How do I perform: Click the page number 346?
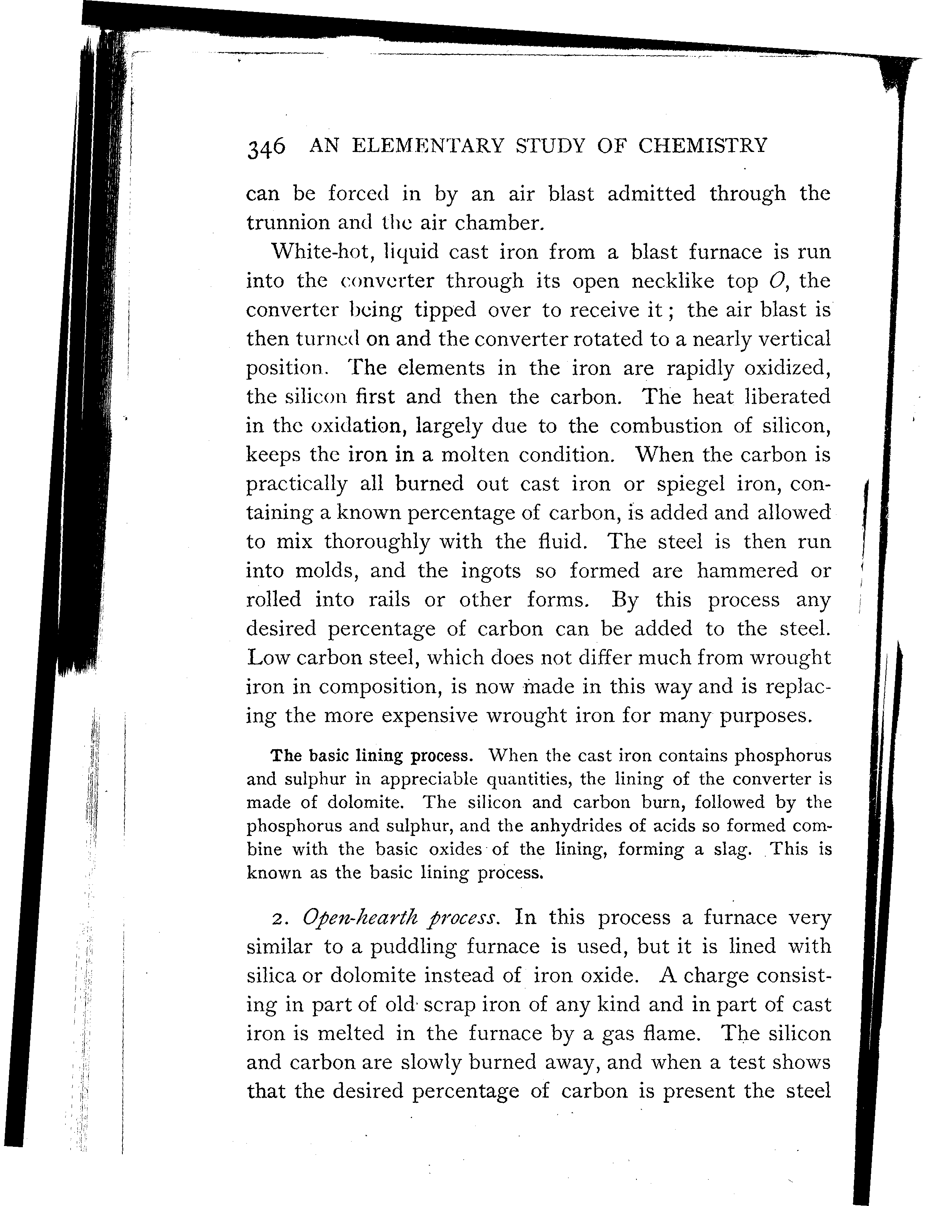(266, 148)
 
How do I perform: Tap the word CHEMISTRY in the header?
(702, 146)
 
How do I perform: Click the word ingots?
(491, 571)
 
